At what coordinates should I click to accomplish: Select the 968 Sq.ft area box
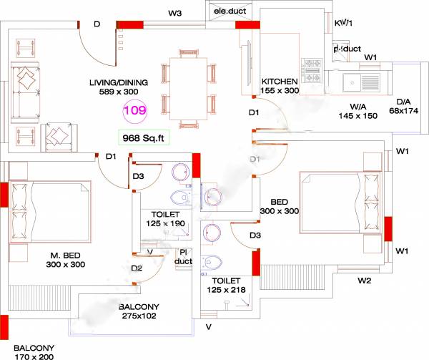[144, 137]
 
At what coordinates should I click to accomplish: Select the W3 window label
[175, 13]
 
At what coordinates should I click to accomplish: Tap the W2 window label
[364, 280]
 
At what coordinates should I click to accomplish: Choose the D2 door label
[137, 268]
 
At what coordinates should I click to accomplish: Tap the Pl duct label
[184, 257]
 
